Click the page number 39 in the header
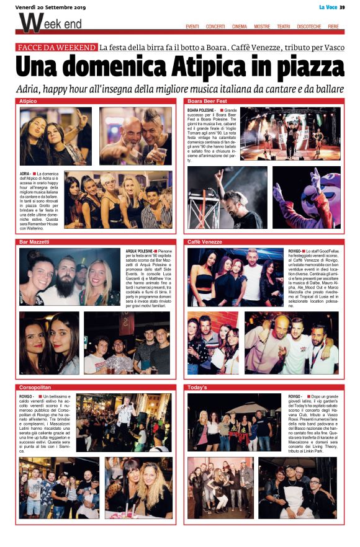coord(341,7)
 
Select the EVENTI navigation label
coord(192,27)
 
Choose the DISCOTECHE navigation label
coord(309,27)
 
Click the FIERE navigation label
coord(333,27)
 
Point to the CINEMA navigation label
coord(239,27)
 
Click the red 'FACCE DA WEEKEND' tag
coord(57,47)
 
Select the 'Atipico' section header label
coord(29,100)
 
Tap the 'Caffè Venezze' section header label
coord(205,241)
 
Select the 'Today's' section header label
coord(198,387)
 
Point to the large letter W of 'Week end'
coord(29,23)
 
